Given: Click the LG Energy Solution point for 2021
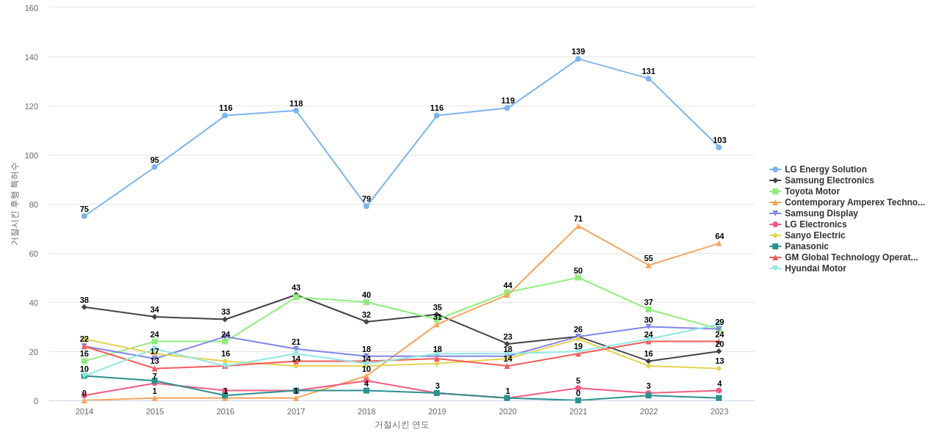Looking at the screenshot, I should pyautogui.click(x=578, y=59).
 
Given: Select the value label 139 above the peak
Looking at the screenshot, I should pyautogui.click(x=578, y=51).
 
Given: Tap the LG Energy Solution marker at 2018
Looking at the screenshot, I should pyautogui.click(x=366, y=206).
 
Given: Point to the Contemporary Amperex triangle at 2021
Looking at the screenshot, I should pyautogui.click(x=578, y=227).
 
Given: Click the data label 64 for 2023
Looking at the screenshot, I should pyautogui.click(x=720, y=236).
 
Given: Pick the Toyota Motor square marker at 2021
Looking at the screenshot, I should pyautogui.click(x=578, y=278).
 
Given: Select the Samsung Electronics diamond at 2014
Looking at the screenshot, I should pyautogui.click(x=84, y=307).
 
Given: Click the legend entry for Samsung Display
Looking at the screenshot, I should pyautogui.click(x=821, y=213).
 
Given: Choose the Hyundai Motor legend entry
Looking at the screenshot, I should pyautogui.click(x=815, y=268).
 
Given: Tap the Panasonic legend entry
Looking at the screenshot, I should pyautogui.click(x=806, y=246).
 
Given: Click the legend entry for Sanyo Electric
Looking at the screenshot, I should pyautogui.click(x=814, y=235).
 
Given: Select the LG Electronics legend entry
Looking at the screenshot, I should pyautogui.click(x=815, y=224).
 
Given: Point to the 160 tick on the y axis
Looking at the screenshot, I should pyautogui.click(x=32, y=8).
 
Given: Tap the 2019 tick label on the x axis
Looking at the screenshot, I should pyautogui.click(x=437, y=411).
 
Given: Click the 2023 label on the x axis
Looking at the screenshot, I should pyautogui.click(x=720, y=411).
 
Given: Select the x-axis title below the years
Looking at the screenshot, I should pyautogui.click(x=402, y=425).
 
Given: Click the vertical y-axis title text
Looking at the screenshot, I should pyautogui.click(x=14, y=204).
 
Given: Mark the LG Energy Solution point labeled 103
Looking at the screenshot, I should pyautogui.click(x=719, y=147).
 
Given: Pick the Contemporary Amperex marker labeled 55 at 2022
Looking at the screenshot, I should pyautogui.click(x=649, y=265).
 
